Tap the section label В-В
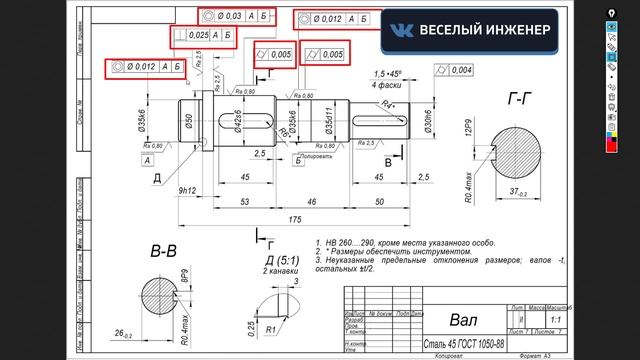(163, 248)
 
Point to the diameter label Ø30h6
(428, 123)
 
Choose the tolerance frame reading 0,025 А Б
(204, 36)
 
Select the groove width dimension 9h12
(185, 189)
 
